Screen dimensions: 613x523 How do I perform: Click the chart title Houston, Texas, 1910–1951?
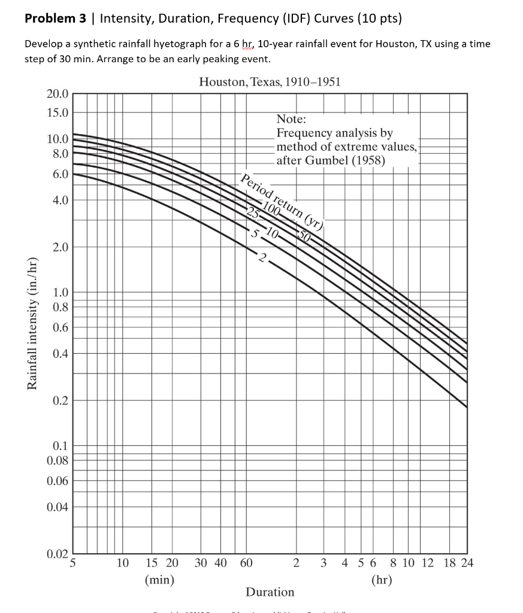[x=270, y=82]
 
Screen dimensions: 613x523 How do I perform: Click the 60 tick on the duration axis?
[x=246, y=563]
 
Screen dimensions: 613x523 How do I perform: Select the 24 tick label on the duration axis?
[x=466, y=563]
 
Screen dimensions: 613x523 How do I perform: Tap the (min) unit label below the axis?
[x=159, y=579]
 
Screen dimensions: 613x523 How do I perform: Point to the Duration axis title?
[x=270, y=592]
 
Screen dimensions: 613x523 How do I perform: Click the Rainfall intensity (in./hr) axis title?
[x=33, y=323]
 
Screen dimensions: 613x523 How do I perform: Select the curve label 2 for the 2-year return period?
[x=262, y=259]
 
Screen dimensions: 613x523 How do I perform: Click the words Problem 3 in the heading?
[x=56, y=18]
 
